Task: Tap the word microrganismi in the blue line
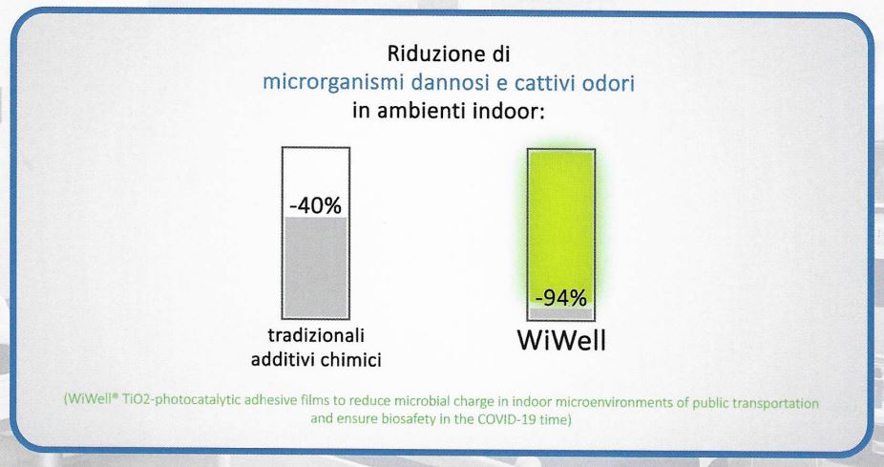click(334, 83)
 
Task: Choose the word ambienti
click(421, 110)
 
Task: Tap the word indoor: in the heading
click(509, 110)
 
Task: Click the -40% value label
click(316, 205)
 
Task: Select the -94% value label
click(561, 297)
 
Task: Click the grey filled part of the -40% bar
click(316, 266)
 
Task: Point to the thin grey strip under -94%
click(561, 313)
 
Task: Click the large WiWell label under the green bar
click(561, 340)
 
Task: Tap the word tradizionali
click(316, 335)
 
